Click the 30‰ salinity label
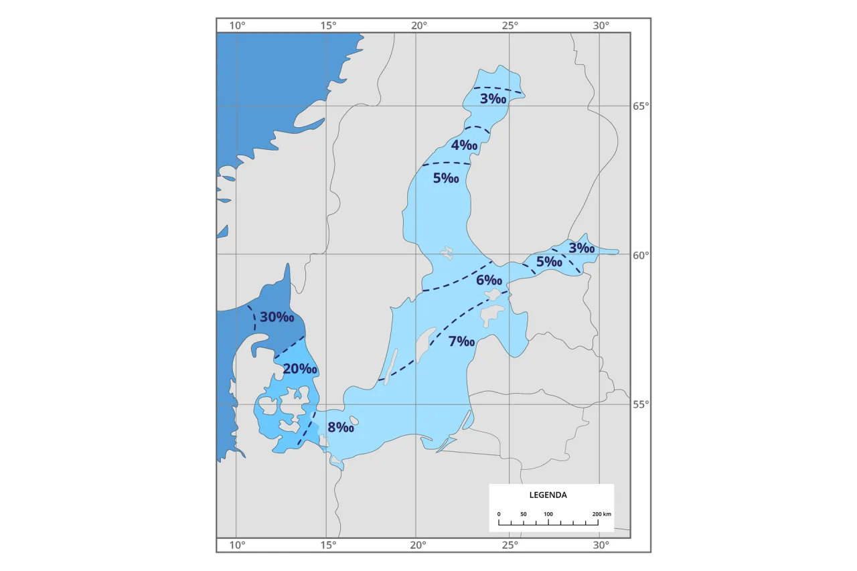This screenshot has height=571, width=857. [x=277, y=317]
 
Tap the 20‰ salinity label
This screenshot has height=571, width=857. [x=299, y=369]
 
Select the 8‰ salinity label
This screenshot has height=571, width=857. [x=340, y=427]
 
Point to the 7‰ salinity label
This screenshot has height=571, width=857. [x=461, y=341]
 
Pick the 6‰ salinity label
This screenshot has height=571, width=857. [x=489, y=280]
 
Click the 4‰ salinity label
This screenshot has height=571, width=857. [x=464, y=145]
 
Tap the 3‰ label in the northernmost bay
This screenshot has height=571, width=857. [x=493, y=99]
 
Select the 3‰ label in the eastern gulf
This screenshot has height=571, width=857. [x=581, y=248]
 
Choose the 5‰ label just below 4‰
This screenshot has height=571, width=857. [x=446, y=178]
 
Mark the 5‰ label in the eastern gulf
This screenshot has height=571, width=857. [x=548, y=262]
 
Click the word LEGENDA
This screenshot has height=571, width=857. [x=548, y=495]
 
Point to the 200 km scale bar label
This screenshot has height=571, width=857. [x=601, y=514]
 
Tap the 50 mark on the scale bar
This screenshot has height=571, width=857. [x=523, y=514]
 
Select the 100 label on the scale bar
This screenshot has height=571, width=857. [x=548, y=514]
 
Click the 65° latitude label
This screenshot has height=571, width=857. [x=641, y=106]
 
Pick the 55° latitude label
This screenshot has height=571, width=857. [x=641, y=404]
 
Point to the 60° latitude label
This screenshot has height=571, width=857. [x=641, y=255]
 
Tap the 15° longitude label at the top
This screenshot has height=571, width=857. [x=328, y=25]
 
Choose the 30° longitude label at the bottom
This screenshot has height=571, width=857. [x=601, y=545]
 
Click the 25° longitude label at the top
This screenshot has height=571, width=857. [x=510, y=25]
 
